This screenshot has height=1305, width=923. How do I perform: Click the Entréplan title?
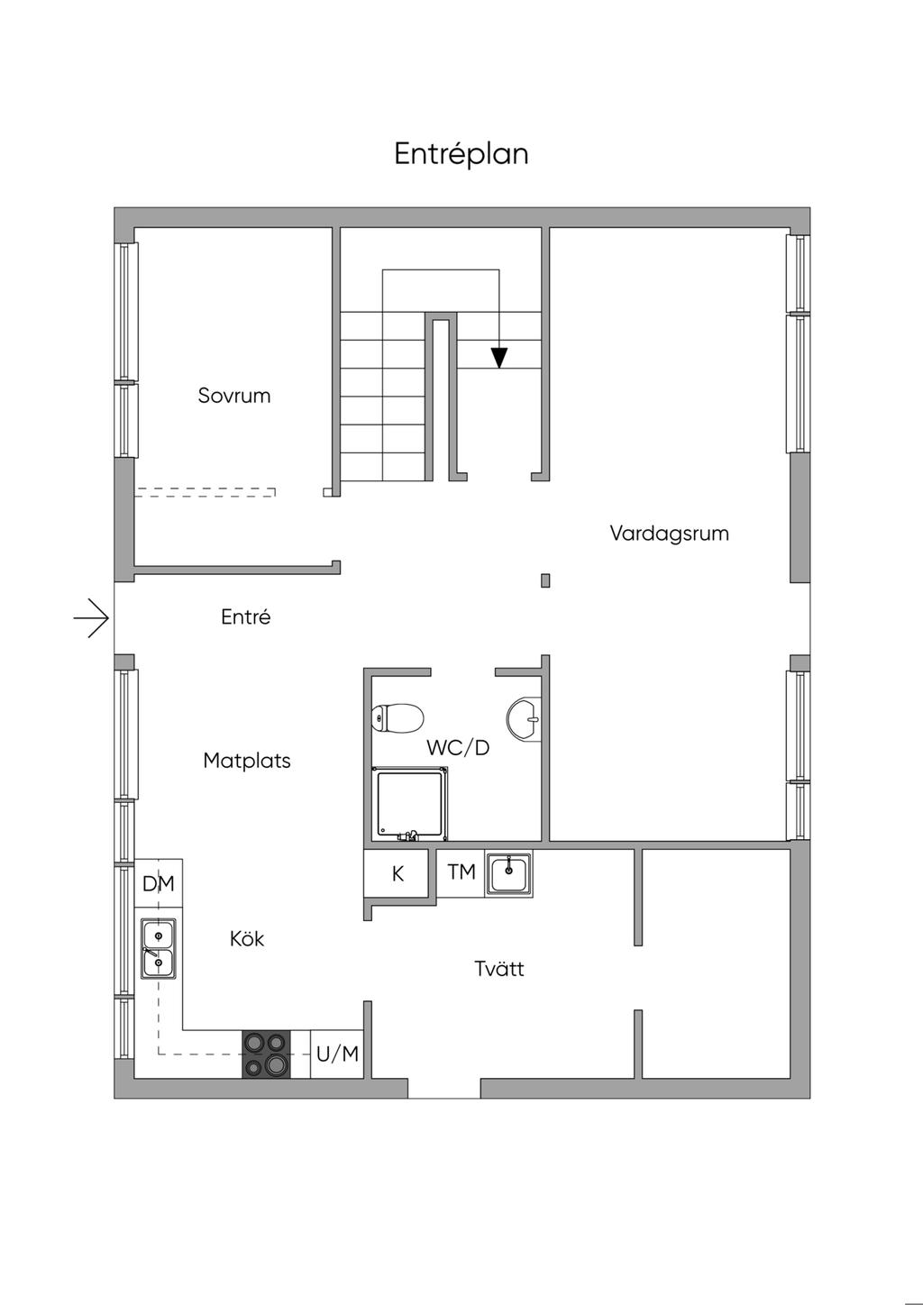pyautogui.click(x=461, y=154)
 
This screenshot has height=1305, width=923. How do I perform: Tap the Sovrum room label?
pyautogui.click(x=234, y=396)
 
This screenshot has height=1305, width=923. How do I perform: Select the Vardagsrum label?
pyautogui.click(x=669, y=534)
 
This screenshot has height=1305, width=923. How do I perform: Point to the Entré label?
pyautogui.click(x=246, y=617)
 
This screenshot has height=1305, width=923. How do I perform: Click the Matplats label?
pyautogui.click(x=247, y=761)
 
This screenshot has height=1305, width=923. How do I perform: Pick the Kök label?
pyautogui.click(x=247, y=939)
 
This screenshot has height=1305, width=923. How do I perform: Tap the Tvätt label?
pyautogui.click(x=498, y=969)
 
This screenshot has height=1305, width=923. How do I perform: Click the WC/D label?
pyautogui.click(x=458, y=747)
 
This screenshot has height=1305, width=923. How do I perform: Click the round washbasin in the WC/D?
pyautogui.click(x=524, y=719)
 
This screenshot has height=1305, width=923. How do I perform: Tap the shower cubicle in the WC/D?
pyautogui.click(x=410, y=804)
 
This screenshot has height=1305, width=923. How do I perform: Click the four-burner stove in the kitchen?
pyautogui.click(x=266, y=1054)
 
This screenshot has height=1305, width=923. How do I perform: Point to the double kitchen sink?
pyautogui.click(x=158, y=949)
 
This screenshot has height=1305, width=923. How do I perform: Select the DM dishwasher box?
pyautogui.click(x=159, y=883)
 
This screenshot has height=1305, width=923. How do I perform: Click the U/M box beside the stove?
pyautogui.click(x=337, y=1054)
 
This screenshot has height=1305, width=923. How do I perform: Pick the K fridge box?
pyautogui.click(x=397, y=873)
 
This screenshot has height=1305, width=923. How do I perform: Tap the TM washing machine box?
pyautogui.click(x=461, y=872)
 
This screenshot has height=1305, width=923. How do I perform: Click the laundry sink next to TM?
pyautogui.click(x=509, y=872)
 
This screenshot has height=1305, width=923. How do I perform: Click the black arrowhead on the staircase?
pyautogui.click(x=498, y=358)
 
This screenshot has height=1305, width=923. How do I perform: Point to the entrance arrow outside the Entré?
pyautogui.click(x=92, y=618)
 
